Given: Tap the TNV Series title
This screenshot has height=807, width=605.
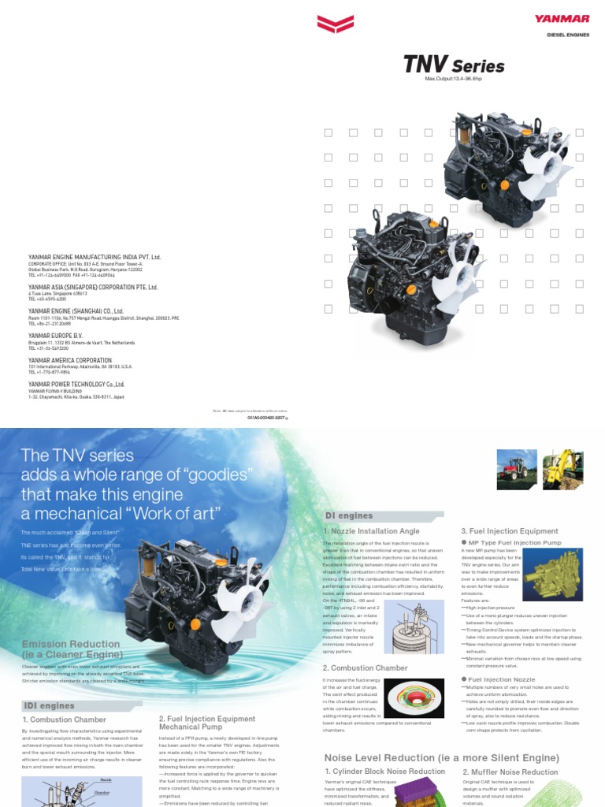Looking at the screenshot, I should (x=454, y=65).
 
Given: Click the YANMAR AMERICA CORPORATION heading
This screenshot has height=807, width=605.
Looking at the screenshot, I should (x=70, y=360).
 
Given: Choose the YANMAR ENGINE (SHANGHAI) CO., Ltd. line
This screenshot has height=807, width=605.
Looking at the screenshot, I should (x=76, y=311).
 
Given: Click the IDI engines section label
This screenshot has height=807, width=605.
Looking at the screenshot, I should (x=49, y=705).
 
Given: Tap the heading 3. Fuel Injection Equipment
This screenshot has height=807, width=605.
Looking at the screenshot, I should (x=509, y=531).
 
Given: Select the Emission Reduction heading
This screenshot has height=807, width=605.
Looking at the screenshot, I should (x=71, y=649).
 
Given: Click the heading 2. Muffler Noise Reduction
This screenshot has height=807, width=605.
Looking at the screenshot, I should (x=510, y=772).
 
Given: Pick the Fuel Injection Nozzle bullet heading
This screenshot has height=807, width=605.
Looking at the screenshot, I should (x=501, y=679).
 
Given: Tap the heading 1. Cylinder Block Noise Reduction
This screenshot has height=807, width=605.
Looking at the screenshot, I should (x=385, y=772).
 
